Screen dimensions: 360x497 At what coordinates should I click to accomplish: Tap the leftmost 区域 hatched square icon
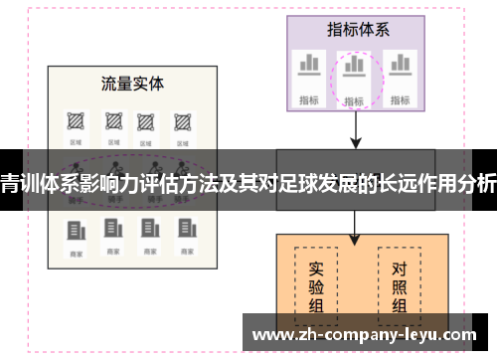pos(75,122)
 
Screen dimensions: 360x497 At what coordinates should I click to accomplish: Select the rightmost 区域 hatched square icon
pos(182,122)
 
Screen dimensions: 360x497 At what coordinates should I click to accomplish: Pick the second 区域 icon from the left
pos(110,122)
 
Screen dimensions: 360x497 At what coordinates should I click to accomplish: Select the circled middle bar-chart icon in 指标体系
pos(354,68)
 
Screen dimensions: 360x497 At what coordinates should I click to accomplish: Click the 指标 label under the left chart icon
pos(309,99)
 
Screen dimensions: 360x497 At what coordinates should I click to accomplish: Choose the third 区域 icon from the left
pos(146,122)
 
